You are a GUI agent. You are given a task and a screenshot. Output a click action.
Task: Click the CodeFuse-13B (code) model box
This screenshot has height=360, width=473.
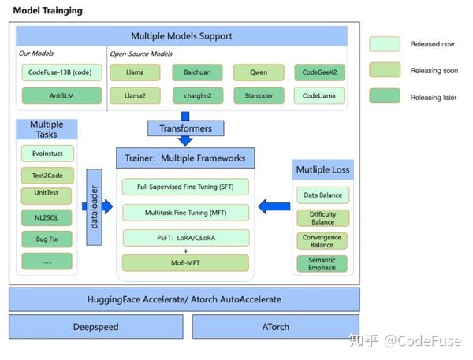click(61, 72)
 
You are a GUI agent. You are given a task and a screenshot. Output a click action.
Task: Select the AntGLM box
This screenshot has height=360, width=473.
click(61, 95)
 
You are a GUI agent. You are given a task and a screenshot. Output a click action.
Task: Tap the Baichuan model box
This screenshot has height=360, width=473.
click(197, 72)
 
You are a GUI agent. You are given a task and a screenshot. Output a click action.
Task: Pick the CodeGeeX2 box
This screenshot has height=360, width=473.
click(319, 72)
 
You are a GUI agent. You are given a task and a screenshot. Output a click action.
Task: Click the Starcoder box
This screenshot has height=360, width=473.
click(259, 95)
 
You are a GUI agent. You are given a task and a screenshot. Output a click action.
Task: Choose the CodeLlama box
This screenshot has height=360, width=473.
click(318, 95)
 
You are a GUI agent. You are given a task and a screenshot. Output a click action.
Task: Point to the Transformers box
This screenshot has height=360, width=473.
click(185, 128)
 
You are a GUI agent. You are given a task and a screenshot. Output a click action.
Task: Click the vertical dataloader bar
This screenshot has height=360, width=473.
click(94, 207)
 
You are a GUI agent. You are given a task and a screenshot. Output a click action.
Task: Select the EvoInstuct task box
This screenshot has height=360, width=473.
click(47, 154)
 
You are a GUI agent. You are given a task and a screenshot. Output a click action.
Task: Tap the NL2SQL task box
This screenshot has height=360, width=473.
click(47, 217)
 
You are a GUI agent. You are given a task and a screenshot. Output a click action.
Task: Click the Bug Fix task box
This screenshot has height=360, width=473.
click(47, 239)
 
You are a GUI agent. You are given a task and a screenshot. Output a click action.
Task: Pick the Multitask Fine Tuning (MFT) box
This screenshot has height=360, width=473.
click(185, 213)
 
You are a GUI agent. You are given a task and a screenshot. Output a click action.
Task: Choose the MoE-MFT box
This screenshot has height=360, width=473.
click(185, 262)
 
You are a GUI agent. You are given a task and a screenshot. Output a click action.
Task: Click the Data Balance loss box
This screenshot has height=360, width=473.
click(322, 195)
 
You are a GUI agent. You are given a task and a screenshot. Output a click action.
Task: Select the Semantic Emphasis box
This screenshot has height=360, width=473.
click(322, 264)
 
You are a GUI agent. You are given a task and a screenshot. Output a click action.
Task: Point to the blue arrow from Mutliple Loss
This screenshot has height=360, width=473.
click(274, 206)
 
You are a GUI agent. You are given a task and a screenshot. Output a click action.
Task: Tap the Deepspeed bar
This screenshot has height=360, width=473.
click(96, 327)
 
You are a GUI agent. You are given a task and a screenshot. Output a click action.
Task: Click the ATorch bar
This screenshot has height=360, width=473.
click(276, 327)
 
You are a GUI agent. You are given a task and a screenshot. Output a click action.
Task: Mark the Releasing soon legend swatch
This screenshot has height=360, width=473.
click(385, 70)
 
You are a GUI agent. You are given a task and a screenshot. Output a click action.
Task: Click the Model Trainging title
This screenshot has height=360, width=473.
click(47, 10)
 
